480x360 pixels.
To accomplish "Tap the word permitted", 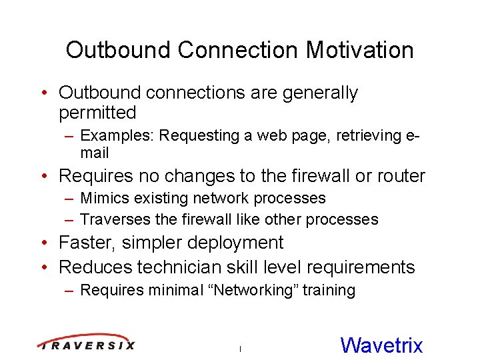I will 97,113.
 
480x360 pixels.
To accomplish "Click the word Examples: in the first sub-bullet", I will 117,136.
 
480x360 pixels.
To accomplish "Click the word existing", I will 154,199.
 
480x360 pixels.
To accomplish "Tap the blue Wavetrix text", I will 381,345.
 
